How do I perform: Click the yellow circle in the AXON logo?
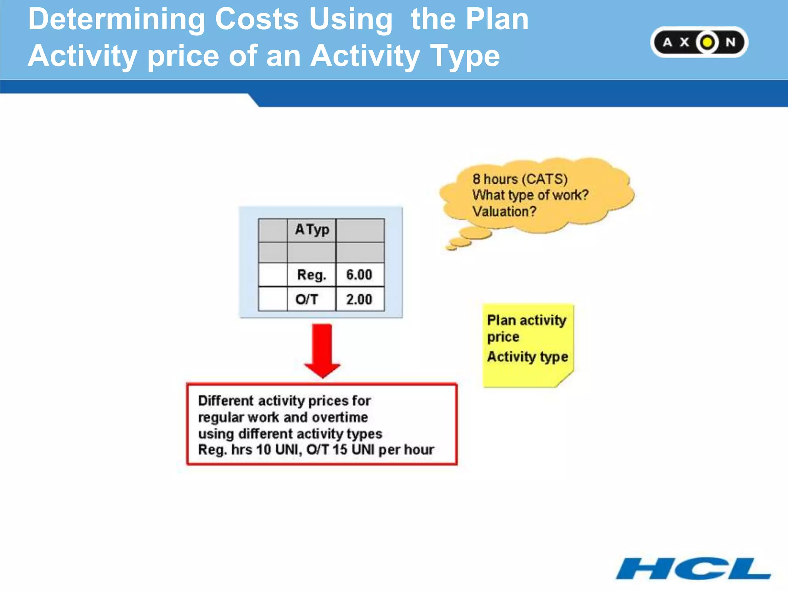click(x=707, y=42)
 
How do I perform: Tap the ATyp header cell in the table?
click(x=312, y=230)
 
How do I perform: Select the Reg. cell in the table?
click(x=311, y=275)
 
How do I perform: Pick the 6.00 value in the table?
click(x=359, y=275)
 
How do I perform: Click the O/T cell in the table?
click(x=307, y=299)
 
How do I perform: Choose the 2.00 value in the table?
click(x=359, y=299)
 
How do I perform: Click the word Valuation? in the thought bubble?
click(x=504, y=211)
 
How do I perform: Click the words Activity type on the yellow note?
click(x=528, y=357)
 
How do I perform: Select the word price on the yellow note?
click(x=503, y=337)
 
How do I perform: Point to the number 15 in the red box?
click(x=340, y=449)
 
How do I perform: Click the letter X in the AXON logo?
click(x=684, y=42)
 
